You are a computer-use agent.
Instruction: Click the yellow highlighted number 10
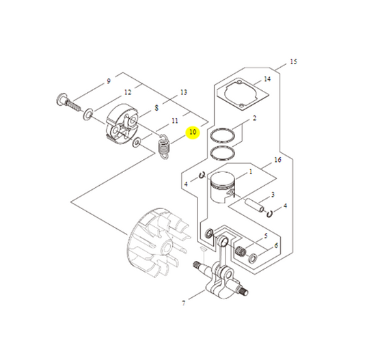click(x=193, y=132)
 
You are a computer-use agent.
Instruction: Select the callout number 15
click(x=293, y=62)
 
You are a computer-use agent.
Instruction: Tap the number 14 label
click(x=266, y=80)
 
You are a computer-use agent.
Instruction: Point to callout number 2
click(x=254, y=119)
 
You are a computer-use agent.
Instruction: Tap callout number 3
click(x=273, y=195)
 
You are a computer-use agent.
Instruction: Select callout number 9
click(x=108, y=82)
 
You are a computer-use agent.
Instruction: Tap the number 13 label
click(x=183, y=92)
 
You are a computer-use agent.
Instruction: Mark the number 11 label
click(x=174, y=122)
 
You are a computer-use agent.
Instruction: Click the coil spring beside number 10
click(x=163, y=146)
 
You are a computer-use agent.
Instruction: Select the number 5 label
click(x=265, y=236)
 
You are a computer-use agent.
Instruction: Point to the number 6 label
click(x=275, y=245)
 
